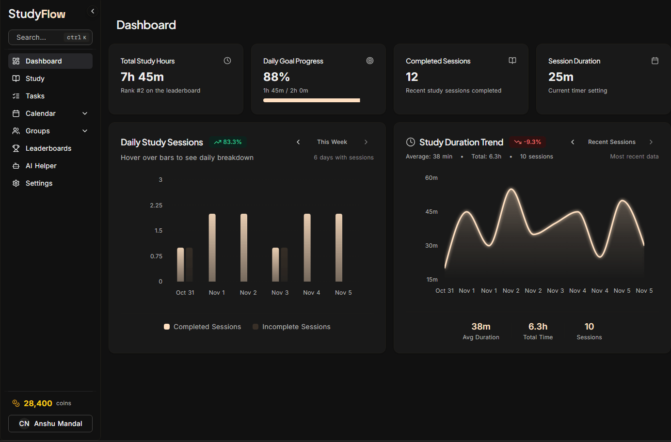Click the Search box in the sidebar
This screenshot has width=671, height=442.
[x=50, y=37]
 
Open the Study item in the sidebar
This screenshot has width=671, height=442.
[x=35, y=79]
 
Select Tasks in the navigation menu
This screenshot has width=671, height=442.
[x=35, y=96]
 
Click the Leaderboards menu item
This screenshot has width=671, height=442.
[x=48, y=148]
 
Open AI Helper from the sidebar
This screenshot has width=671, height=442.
[x=41, y=166]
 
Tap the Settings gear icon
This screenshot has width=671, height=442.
[x=16, y=183]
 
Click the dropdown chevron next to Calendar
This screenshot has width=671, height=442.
[x=85, y=113]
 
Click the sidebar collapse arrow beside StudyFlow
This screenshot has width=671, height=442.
[x=93, y=11]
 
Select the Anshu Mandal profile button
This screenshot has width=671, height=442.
[x=50, y=424]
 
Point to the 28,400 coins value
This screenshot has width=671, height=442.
[x=38, y=403]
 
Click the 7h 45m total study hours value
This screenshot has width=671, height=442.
[x=142, y=77]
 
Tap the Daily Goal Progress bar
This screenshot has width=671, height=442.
[x=311, y=100]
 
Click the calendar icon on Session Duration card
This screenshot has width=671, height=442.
[x=655, y=61]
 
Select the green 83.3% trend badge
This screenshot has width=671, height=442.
[x=228, y=142]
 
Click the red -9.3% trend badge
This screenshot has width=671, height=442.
[x=527, y=142]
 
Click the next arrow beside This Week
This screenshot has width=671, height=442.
[x=366, y=142]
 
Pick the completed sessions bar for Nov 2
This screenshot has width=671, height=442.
[x=244, y=248]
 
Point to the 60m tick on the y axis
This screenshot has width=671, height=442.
[x=431, y=178]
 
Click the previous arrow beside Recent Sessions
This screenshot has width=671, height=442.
[x=573, y=142]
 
